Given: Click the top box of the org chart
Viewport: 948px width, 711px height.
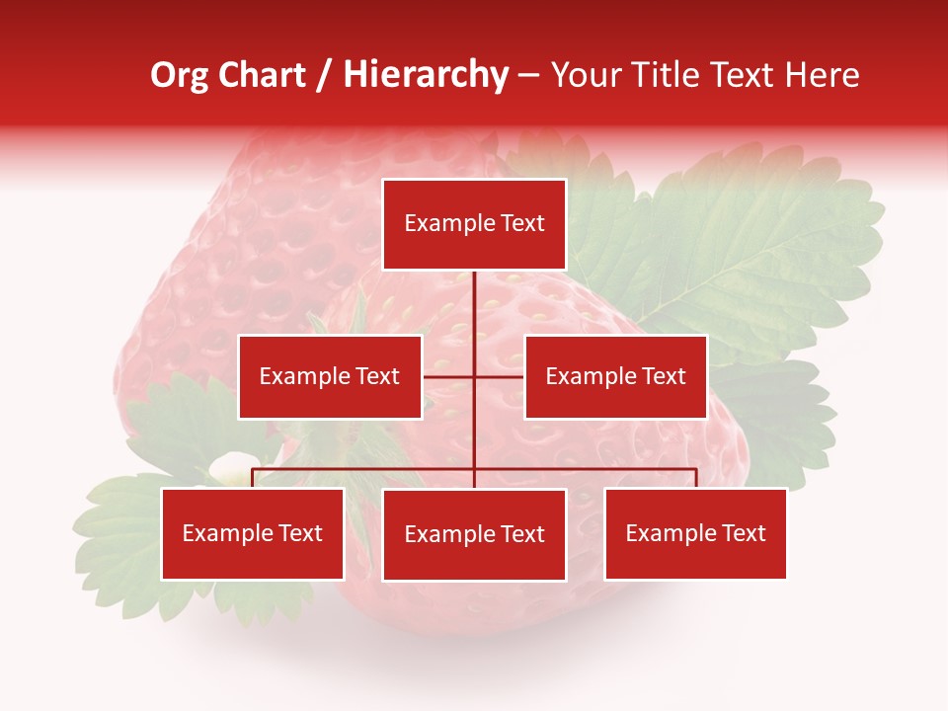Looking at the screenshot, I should click(474, 224).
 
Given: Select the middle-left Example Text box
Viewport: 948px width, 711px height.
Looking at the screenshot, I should click(330, 376).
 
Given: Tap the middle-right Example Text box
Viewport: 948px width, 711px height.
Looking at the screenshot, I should click(615, 376).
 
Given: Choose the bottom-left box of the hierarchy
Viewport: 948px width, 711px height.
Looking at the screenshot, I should click(252, 533).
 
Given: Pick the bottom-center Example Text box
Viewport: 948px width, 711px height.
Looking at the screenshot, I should click(474, 534).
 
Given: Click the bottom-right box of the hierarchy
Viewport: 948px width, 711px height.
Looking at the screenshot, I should click(695, 533).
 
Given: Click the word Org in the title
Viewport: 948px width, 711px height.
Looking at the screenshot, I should click(179, 75).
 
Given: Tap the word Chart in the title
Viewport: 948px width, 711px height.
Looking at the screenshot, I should click(261, 75).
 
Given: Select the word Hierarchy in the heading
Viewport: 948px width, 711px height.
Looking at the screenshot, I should click(425, 75).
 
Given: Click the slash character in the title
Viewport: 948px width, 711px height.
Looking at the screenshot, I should click(324, 75).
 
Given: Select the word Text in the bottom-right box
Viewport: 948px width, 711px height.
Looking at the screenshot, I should click(743, 533).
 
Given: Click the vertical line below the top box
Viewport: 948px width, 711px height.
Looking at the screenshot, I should click(474, 306).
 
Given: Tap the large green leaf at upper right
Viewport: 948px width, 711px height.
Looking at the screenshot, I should click(750, 247).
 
